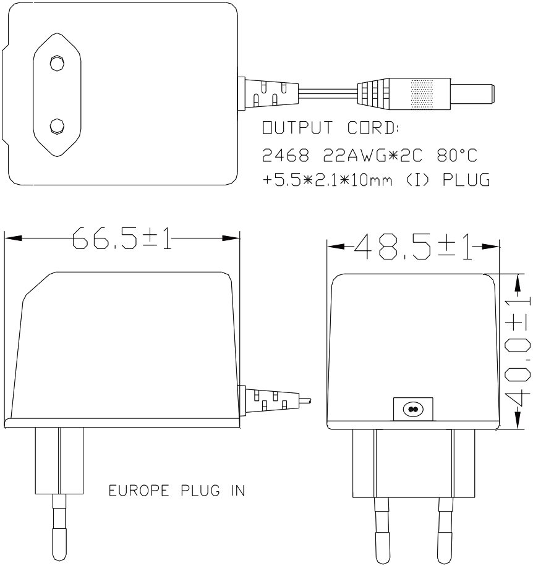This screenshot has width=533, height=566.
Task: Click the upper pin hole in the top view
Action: [57, 63]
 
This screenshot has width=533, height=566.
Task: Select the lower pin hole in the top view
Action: [57, 125]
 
